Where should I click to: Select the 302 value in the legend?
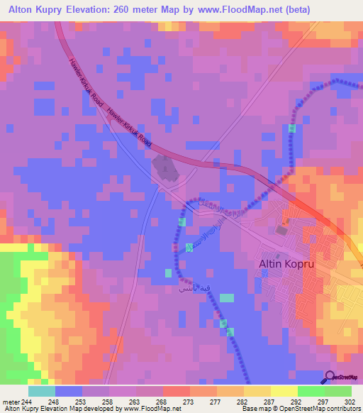(351, 401)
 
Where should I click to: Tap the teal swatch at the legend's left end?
(42, 391)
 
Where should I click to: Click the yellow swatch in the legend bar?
(284, 391)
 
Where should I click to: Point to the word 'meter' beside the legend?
(10, 401)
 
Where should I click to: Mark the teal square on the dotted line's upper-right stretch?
(292, 128)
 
